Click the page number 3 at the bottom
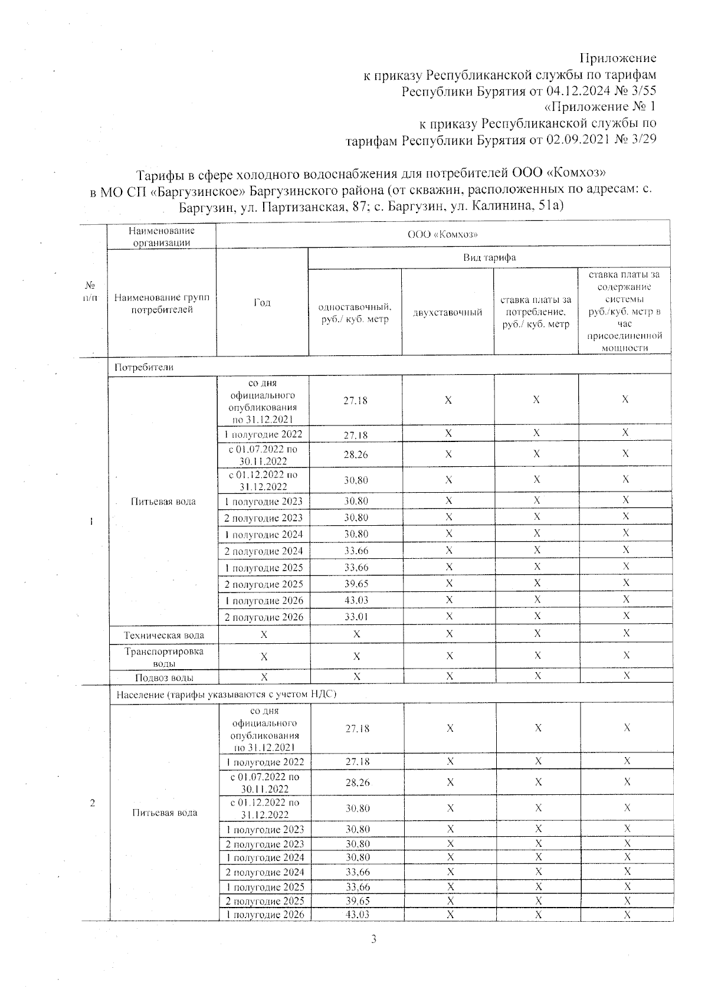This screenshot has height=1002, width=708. pyautogui.click(x=373, y=939)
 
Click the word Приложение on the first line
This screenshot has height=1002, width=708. pyautogui.click(x=618, y=58)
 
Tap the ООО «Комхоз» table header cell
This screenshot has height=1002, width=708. pyautogui.click(x=442, y=234)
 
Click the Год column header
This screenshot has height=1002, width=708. pyautogui.click(x=262, y=302)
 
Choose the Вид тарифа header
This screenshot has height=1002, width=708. pyautogui.click(x=489, y=257)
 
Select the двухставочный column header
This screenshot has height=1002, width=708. pyautogui.click(x=447, y=312)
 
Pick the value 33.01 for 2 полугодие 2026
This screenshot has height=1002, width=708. pyautogui.click(x=356, y=617)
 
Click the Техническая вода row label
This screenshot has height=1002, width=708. pyautogui.click(x=163, y=635)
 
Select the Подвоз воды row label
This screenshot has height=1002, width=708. pyautogui.click(x=164, y=677)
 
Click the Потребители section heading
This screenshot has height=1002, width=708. pyautogui.click(x=144, y=366)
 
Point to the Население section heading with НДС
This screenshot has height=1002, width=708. pyautogui.click(x=226, y=694)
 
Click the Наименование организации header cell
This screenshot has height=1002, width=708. pyautogui.click(x=162, y=236)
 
